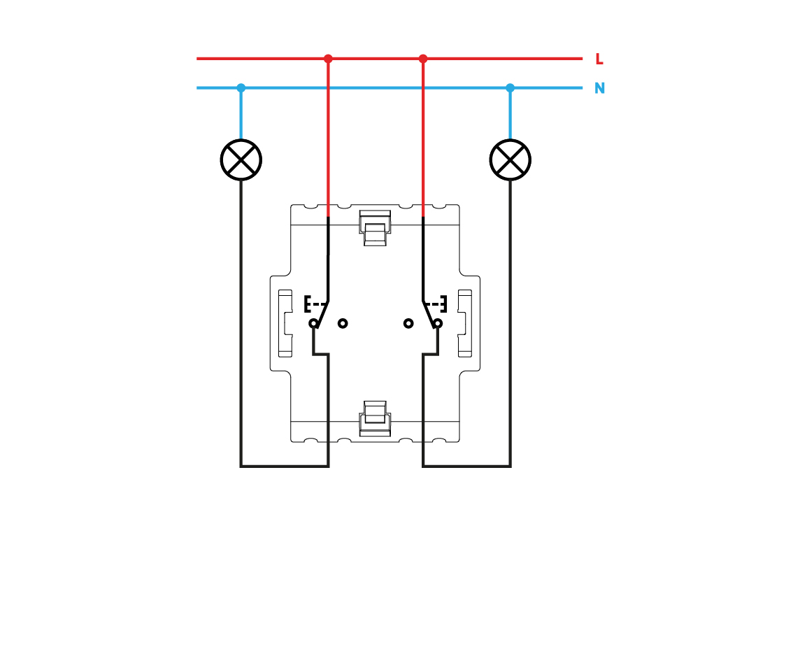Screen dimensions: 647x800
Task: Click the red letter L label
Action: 599,59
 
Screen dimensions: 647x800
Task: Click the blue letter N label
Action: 599,89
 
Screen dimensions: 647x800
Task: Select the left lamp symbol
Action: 241,159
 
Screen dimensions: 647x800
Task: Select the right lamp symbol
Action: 510,159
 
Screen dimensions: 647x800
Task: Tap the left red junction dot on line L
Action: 328,59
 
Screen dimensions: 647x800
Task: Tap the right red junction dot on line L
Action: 423,59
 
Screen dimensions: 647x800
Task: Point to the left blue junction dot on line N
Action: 241,88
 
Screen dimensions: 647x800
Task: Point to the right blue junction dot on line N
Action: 510,88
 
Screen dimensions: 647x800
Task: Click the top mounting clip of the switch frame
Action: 375,227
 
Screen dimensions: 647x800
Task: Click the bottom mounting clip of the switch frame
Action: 375,418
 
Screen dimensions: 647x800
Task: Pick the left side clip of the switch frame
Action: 285,323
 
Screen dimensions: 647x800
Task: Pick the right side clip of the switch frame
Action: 464,323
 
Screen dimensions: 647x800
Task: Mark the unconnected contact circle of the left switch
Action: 343,323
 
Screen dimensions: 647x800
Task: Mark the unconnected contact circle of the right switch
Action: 408,323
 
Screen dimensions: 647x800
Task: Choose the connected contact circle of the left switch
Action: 313,323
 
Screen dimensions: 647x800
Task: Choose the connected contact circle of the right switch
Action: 438,323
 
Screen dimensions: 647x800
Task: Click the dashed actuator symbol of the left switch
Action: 314,304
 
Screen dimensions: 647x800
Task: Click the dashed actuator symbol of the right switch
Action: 437,304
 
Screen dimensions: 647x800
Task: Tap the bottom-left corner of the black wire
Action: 241,466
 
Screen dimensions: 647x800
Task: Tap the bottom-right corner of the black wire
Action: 510,466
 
